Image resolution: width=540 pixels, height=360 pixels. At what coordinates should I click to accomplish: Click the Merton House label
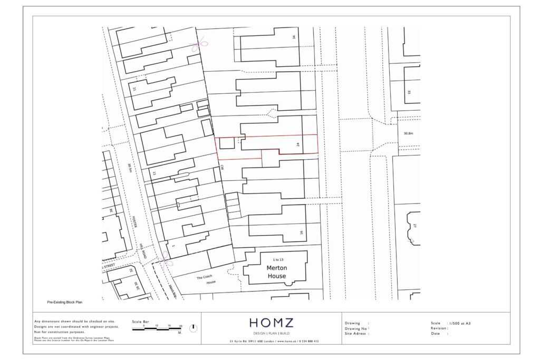tap(276, 272)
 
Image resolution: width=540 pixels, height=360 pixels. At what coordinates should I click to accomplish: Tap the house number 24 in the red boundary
tap(298, 144)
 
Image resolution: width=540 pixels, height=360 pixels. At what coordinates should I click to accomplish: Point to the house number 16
tap(301, 232)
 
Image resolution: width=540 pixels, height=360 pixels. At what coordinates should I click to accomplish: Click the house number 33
tap(409, 92)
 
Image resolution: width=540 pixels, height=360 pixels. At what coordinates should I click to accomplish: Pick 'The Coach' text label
tap(204, 277)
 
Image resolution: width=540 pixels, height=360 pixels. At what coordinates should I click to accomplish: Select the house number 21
tap(135, 89)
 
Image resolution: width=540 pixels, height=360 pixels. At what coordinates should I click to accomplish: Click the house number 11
tap(154, 173)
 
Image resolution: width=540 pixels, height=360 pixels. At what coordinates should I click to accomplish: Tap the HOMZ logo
tap(271, 323)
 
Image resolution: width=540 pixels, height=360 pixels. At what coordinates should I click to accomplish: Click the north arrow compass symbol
tap(194, 328)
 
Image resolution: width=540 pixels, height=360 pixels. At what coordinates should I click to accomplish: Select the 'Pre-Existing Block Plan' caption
tap(65, 303)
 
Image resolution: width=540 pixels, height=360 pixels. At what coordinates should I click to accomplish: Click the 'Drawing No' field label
tap(356, 328)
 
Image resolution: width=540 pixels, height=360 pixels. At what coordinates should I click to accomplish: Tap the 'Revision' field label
tap(439, 328)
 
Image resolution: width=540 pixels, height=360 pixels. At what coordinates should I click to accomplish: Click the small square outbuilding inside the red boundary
tap(227, 142)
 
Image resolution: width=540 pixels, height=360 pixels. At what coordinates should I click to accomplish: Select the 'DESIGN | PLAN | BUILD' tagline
tap(271, 333)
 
